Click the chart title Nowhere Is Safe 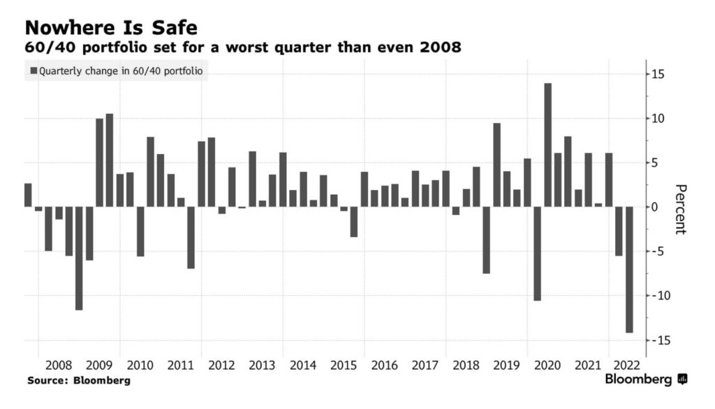pyautogui.click(x=111, y=28)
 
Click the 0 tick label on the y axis pyautogui.click(x=654, y=207)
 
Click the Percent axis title pyautogui.click(x=681, y=209)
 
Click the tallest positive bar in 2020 pyautogui.click(x=548, y=145)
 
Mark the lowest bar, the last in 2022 pyautogui.click(x=629, y=269)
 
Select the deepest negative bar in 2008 pyautogui.click(x=79, y=258)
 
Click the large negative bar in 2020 pyautogui.click(x=538, y=253)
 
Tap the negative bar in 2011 pyautogui.click(x=191, y=237)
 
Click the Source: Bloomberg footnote pyautogui.click(x=79, y=381)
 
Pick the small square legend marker pyautogui.click(x=34, y=70)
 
